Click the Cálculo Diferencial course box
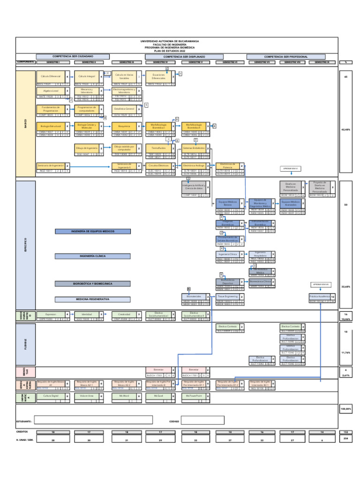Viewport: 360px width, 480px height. pyautogui.click(x=51, y=76)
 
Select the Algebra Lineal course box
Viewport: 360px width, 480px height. pyautogui.click(x=51, y=91)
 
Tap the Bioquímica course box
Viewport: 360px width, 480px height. pyautogui.click(x=124, y=126)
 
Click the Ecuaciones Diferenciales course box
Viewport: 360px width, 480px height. pyautogui.click(x=158, y=76)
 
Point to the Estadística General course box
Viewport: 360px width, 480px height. pyautogui.click(x=124, y=108)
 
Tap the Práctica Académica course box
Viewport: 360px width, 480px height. pyautogui.click(x=319, y=297)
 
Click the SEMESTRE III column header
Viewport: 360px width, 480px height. pyautogui.click(x=127, y=62)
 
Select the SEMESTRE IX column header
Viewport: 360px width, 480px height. pyautogui.click(x=322, y=62)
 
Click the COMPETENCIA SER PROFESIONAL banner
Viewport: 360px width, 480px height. pyautogui.click(x=286, y=56)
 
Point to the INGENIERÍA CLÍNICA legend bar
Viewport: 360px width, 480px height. pyautogui.click(x=85, y=256)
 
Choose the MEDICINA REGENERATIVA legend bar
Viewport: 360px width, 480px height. pyautogui.click(x=85, y=299)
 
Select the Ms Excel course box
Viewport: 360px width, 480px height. pyautogui.click(x=158, y=396)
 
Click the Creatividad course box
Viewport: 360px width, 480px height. pyautogui.click(x=124, y=315)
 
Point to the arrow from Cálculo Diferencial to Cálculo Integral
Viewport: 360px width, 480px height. pyautogui.click(x=72, y=76)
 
